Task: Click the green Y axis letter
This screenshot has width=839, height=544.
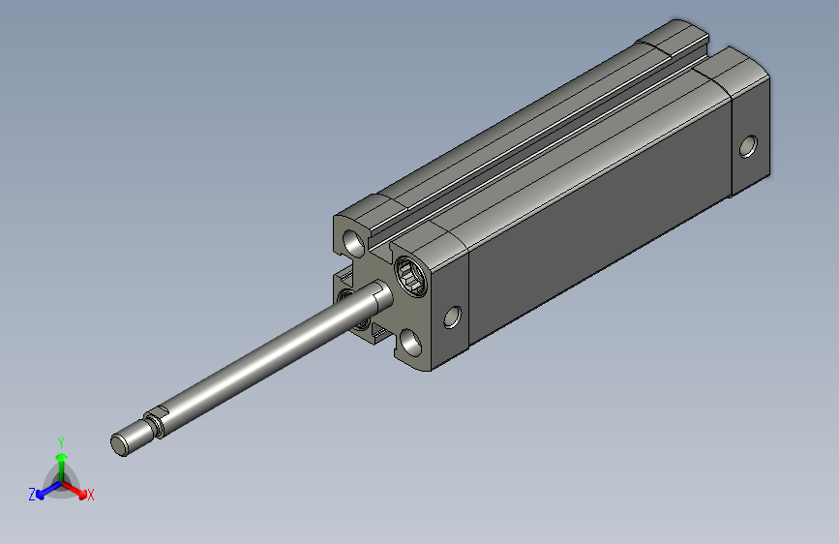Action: [x=61, y=443]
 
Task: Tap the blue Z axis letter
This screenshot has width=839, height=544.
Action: [x=32, y=495]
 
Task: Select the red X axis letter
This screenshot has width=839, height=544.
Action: [x=90, y=496]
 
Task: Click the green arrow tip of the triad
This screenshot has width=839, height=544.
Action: [x=62, y=457]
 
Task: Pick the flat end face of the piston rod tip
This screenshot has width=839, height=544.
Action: [x=119, y=445]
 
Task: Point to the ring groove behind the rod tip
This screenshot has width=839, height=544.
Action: [x=154, y=424]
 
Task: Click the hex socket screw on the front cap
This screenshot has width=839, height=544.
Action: [x=411, y=275]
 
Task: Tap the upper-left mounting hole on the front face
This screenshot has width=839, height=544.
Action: [x=354, y=243]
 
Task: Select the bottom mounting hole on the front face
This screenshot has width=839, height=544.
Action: [x=411, y=343]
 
